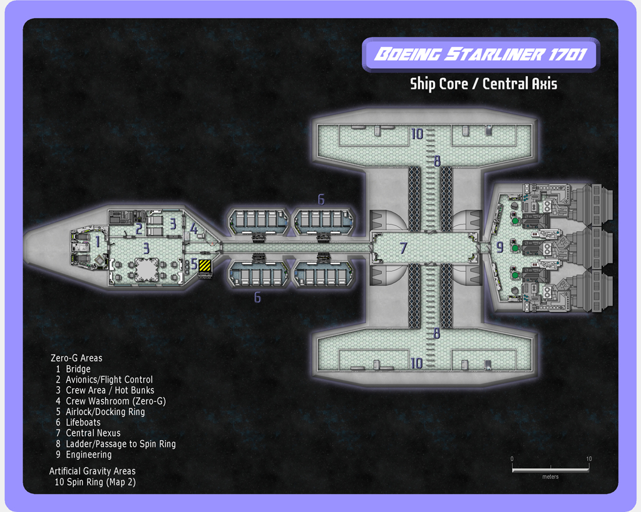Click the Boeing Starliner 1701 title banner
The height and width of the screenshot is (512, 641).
click(481, 54)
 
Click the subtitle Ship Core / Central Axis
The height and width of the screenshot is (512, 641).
click(483, 83)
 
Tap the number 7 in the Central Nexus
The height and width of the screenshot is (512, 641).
click(404, 248)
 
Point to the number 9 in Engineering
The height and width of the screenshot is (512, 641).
click(500, 248)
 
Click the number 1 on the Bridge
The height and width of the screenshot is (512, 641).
click(98, 242)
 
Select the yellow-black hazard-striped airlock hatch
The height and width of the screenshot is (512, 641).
click(205, 266)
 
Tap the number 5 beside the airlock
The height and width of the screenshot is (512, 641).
click(194, 264)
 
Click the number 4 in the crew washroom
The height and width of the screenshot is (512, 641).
click(194, 229)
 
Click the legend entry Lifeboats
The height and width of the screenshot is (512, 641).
click(83, 422)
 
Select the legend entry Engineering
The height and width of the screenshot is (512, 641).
click(88, 454)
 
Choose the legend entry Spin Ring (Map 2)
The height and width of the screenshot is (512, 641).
click(101, 482)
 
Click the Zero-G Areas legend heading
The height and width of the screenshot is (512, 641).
click(76, 358)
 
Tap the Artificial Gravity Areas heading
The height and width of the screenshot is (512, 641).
click(92, 471)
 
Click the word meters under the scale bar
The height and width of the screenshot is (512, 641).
click(550, 477)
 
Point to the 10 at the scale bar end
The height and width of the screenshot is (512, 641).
click(588, 459)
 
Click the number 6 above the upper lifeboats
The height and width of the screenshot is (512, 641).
click(321, 199)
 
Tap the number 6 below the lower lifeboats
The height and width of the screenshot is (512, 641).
click(257, 298)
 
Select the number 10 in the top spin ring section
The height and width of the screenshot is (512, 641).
click(417, 134)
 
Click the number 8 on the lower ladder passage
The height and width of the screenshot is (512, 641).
click(437, 334)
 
